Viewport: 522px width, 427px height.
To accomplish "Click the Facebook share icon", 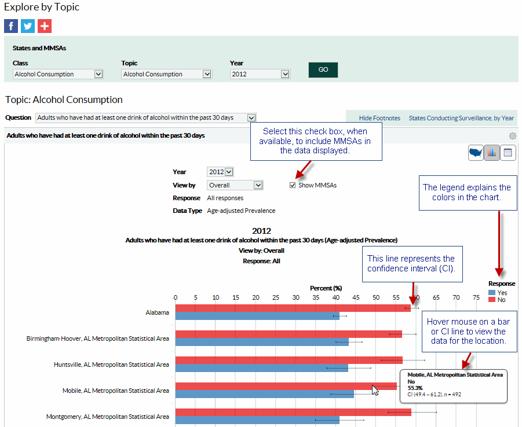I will click(11, 26).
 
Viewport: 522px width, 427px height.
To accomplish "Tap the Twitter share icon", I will click(28, 26).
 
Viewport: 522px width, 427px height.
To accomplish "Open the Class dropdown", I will click(58, 74).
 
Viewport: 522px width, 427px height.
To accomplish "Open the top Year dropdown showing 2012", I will click(260, 74).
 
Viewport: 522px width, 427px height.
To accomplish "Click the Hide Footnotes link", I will click(379, 118).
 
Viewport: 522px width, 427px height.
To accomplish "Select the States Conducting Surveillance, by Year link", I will click(461, 118).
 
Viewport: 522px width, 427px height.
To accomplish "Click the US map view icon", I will click(476, 153).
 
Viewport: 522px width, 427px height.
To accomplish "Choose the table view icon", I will click(508, 153).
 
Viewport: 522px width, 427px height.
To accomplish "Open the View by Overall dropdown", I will click(235, 185).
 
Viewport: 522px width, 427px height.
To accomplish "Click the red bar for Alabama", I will click(290, 308).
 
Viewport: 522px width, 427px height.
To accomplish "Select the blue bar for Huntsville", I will click(261, 368).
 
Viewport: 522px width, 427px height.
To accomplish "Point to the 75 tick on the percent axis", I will click(476, 297).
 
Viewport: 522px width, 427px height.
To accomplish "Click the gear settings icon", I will click(512, 136).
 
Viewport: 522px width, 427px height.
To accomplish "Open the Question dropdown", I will click(145, 117).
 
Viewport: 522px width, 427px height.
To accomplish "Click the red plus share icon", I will click(45, 26).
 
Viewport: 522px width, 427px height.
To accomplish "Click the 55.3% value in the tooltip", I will click(415, 388).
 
